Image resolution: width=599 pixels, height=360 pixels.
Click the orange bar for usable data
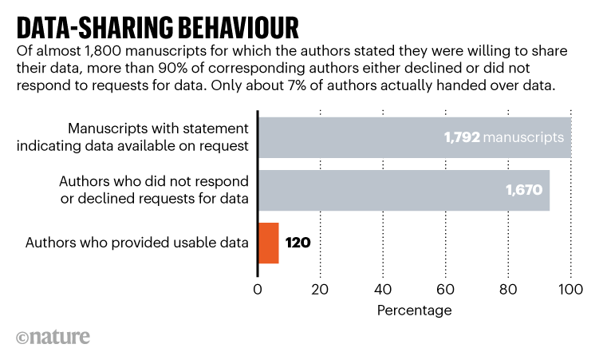[x=268, y=243]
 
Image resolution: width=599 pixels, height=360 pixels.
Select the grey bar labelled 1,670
[x=399, y=190]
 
